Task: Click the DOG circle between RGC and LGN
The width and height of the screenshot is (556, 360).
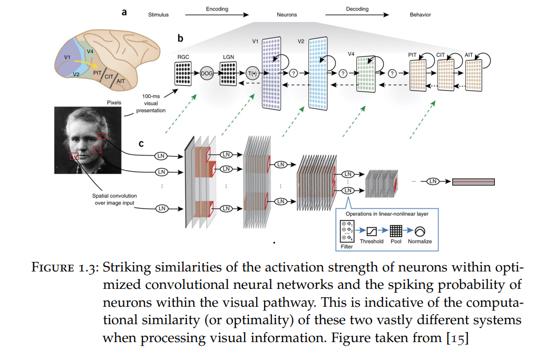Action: (207, 73)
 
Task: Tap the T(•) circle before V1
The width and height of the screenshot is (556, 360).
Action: (252, 73)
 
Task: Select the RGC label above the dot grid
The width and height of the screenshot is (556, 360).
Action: (183, 57)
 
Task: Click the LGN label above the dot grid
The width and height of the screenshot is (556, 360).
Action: (228, 57)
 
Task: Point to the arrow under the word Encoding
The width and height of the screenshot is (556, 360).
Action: (217, 15)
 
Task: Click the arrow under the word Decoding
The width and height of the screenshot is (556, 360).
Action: (357, 15)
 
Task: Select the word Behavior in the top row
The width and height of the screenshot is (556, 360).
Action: (420, 15)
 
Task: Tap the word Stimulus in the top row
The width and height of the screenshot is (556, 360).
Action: (158, 15)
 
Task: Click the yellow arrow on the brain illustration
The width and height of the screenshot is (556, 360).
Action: (86, 63)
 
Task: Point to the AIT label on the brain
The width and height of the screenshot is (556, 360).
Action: (121, 81)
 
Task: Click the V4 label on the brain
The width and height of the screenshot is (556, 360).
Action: (90, 52)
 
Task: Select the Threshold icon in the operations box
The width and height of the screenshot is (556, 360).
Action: (371, 231)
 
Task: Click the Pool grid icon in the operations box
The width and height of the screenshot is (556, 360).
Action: (396, 231)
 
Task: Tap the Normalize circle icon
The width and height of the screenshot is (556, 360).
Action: (420, 231)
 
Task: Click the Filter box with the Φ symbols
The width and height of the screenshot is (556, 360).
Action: (347, 231)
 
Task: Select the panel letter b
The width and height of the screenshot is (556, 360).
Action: (180, 38)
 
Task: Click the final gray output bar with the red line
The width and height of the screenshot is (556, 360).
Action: (473, 182)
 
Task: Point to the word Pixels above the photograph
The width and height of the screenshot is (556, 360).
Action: (114, 102)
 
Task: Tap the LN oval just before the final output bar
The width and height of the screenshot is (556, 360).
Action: (433, 181)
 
